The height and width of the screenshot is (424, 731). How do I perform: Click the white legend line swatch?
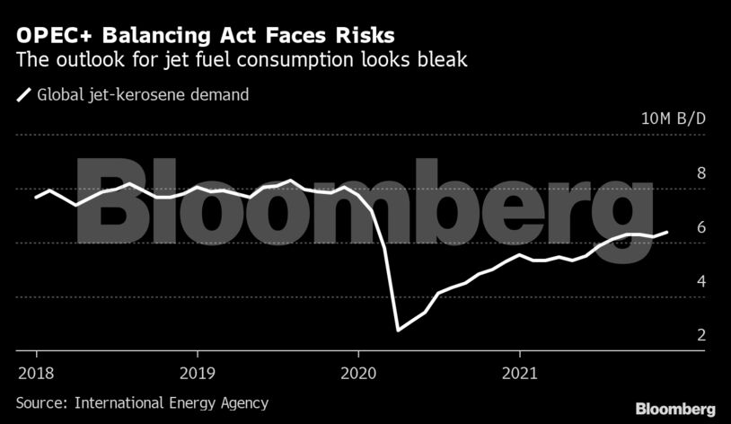(23, 94)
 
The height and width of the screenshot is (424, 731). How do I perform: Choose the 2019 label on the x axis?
(197, 372)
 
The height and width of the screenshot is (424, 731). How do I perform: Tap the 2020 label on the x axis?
(358, 372)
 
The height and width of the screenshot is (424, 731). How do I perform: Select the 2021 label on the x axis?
(521, 372)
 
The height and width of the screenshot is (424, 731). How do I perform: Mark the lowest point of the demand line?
(398, 331)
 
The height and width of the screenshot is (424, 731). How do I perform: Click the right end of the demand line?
(667, 232)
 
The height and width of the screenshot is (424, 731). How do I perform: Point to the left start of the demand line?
(36, 197)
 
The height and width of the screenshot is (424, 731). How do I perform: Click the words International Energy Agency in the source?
(170, 403)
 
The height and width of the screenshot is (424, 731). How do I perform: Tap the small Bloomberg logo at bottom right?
(675, 409)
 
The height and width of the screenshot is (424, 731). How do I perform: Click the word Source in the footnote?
(40, 403)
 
